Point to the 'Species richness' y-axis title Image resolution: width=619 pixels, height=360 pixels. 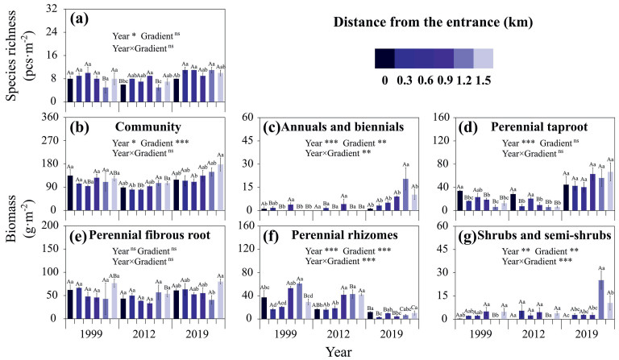10,54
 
